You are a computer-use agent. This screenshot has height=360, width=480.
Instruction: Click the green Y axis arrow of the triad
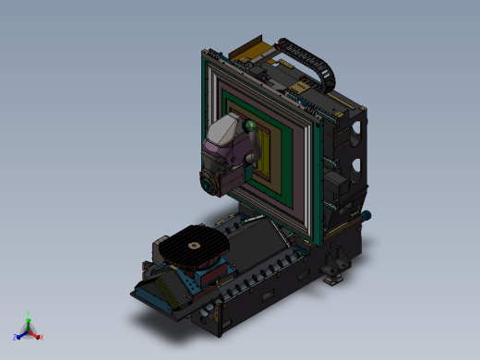(29, 317)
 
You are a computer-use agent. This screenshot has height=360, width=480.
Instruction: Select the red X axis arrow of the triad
(39, 337)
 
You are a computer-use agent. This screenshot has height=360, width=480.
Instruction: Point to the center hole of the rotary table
(193, 246)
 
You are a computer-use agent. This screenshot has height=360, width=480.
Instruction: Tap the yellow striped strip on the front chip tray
(162, 294)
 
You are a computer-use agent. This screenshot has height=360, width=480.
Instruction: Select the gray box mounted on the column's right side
(341, 189)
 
